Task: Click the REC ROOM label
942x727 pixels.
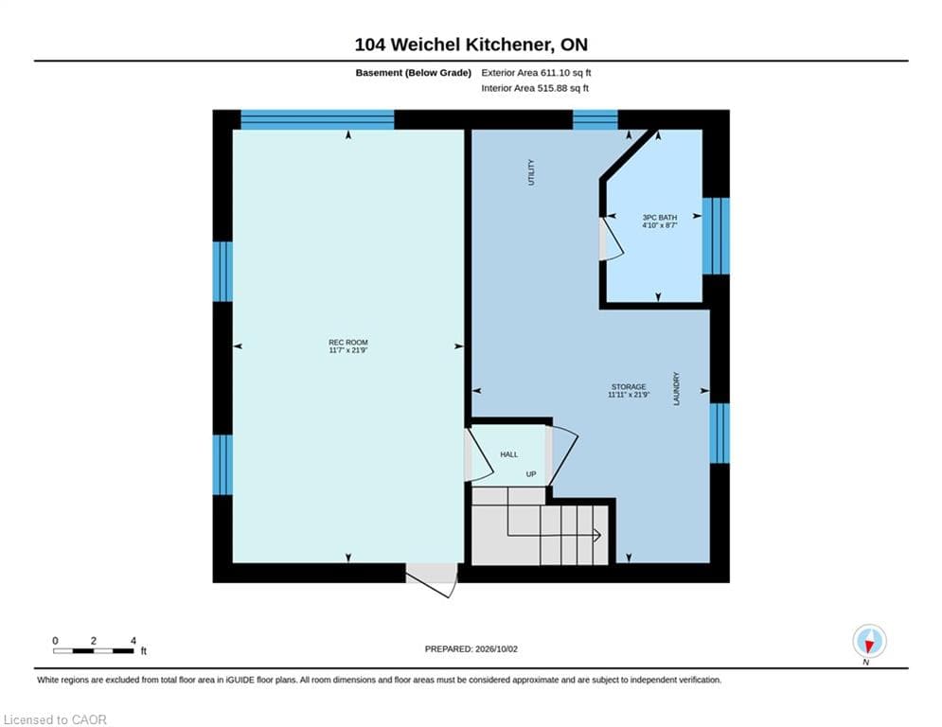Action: (x=347, y=346)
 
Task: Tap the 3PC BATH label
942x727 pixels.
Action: (x=660, y=222)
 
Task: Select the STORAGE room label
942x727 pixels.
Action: (x=629, y=391)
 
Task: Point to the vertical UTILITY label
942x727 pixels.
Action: (x=530, y=172)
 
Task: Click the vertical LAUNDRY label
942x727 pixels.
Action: (x=677, y=389)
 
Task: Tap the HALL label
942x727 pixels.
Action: (x=508, y=454)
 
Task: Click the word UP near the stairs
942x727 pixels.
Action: (x=531, y=474)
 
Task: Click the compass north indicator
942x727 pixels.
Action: (x=869, y=642)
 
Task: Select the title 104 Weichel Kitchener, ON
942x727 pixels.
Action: (x=471, y=44)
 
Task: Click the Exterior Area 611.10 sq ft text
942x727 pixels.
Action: (x=536, y=73)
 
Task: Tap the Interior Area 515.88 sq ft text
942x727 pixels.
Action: (x=535, y=88)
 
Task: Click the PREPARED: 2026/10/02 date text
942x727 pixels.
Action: (x=471, y=648)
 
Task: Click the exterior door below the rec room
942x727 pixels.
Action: (x=432, y=578)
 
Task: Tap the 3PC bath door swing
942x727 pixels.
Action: (x=612, y=239)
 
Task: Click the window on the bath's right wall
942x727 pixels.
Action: (x=716, y=236)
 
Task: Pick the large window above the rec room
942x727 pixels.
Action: (x=317, y=119)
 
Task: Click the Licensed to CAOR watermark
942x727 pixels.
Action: (x=55, y=719)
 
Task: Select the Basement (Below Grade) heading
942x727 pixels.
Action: (x=414, y=73)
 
